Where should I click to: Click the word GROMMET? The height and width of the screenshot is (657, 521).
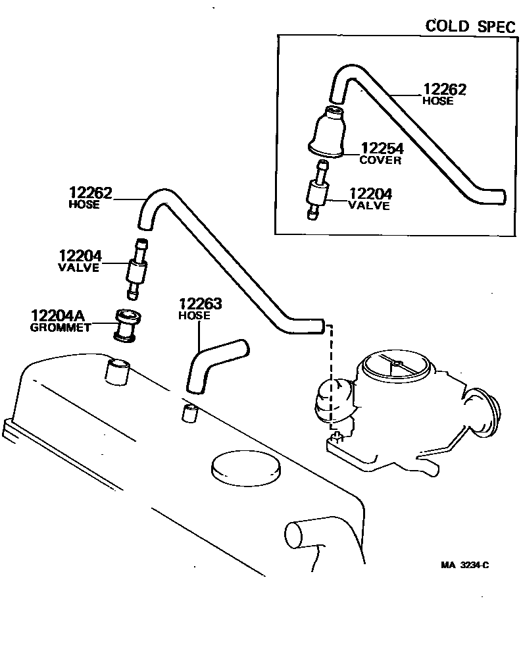pos(61,328)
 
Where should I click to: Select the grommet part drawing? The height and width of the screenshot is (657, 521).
pos(124,325)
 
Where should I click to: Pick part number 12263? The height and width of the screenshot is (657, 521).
pos(200,304)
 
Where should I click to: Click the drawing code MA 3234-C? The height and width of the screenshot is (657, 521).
pos(465,565)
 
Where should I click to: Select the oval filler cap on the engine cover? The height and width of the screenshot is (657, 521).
pos(245,468)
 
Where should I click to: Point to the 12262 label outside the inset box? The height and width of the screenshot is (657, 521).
pos(91,194)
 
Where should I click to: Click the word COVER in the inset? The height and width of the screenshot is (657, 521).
pos(380,160)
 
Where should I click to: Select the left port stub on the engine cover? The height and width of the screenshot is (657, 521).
pos(117,371)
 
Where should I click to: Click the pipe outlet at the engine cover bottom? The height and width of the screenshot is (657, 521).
pos(304,535)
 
